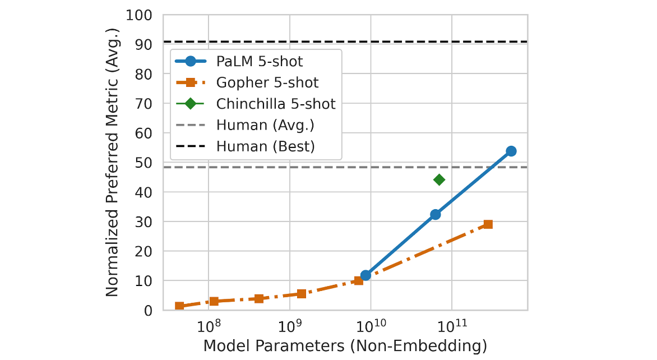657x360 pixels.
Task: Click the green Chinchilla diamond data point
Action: [439, 179]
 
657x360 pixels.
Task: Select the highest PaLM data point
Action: [511, 151]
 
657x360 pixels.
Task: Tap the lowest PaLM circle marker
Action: [365, 275]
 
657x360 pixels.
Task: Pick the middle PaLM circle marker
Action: [435, 214]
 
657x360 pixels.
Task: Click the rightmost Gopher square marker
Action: [488, 224]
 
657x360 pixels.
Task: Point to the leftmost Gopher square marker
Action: [179, 306]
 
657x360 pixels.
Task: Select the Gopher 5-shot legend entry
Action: [267, 83]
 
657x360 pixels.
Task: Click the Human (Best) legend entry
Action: [265, 147]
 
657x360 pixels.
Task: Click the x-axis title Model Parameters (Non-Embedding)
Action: [345, 346]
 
